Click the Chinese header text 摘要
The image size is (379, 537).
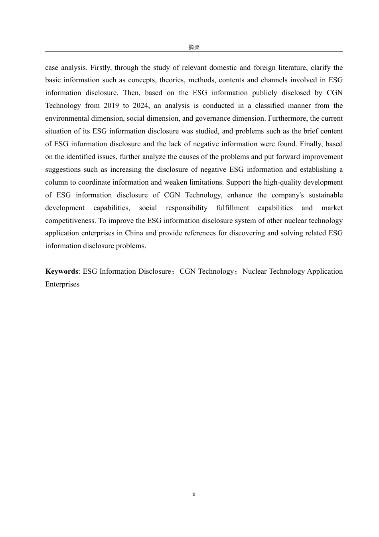pyautogui.click(x=194, y=47)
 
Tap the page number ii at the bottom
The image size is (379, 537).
pyautogui.click(x=194, y=494)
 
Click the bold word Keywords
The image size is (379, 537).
pyautogui.click(x=61, y=271)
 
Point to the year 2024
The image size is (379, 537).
pyautogui.click(x=140, y=105)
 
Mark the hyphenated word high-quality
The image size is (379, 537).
pyautogui.click(x=284, y=182)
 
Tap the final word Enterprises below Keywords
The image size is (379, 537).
pyautogui.click(x=62, y=284)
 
